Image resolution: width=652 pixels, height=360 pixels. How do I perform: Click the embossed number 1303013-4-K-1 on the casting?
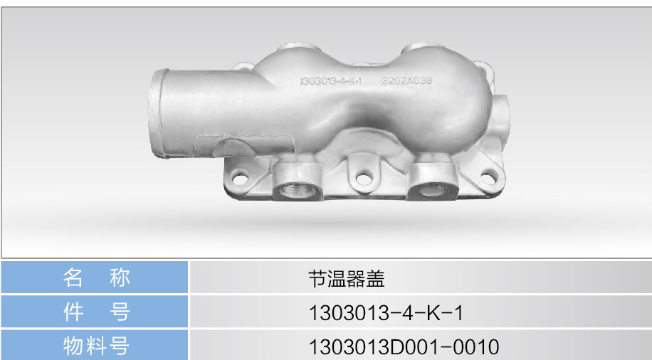point(330,80)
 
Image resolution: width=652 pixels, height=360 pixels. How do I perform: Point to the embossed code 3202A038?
point(406,80)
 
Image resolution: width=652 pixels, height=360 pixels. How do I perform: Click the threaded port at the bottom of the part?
point(298,191)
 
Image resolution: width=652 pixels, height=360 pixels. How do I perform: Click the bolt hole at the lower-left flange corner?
point(240,177)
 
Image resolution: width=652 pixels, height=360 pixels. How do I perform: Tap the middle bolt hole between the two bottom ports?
point(364,179)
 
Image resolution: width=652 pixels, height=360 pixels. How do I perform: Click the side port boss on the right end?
point(500,112)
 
